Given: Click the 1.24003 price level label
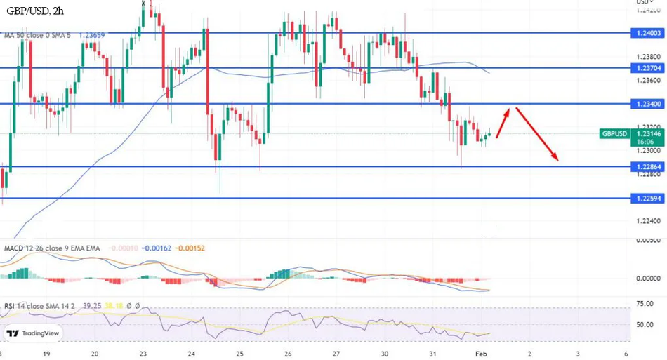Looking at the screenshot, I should tap(647, 33).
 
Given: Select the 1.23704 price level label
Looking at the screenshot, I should tap(647, 68).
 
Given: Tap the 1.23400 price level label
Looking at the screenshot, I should tap(647, 103).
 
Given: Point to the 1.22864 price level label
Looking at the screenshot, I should tap(647, 167).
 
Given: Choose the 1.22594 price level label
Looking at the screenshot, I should tap(647, 199).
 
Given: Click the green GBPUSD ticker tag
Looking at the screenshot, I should tap(614, 133).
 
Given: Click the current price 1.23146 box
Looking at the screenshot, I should tap(647, 133).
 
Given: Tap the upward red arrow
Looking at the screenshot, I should tap(503, 124).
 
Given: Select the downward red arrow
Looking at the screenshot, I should tap(538, 134).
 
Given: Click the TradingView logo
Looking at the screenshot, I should tap(33, 334).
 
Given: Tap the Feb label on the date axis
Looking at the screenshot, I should tap(481, 354).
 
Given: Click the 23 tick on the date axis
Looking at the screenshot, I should tap(143, 354).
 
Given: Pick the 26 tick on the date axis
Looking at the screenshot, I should tap(288, 354).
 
